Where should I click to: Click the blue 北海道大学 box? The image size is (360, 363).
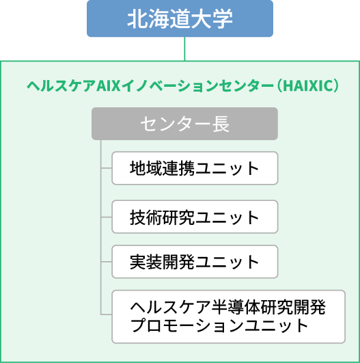tap(180, 18)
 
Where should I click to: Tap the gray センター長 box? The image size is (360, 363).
tap(184, 124)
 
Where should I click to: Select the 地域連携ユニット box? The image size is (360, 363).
tap(195, 168)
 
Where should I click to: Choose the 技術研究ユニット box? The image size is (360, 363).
tap(195, 217)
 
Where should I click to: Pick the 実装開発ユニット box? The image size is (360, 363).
tap(195, 262)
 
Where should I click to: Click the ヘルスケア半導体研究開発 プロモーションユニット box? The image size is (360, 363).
tap(229, 317)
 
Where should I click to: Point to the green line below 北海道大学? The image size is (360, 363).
tap(184, 49)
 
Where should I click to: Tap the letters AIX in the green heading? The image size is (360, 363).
tap(109, 85)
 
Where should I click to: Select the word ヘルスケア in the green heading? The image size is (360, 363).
tap(61, 85)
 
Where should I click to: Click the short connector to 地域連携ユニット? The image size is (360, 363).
tap(107, 168)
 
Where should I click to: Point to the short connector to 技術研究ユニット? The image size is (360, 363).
tap(107, 217)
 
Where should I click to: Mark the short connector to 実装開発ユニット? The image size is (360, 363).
tap(107, 262)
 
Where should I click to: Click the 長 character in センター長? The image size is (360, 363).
tap(221, 124)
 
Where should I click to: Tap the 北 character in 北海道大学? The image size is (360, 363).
tap(136, 18)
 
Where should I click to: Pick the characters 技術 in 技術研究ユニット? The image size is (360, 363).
tap(146, 217)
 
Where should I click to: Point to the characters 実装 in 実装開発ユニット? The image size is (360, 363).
tap(146, 262)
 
